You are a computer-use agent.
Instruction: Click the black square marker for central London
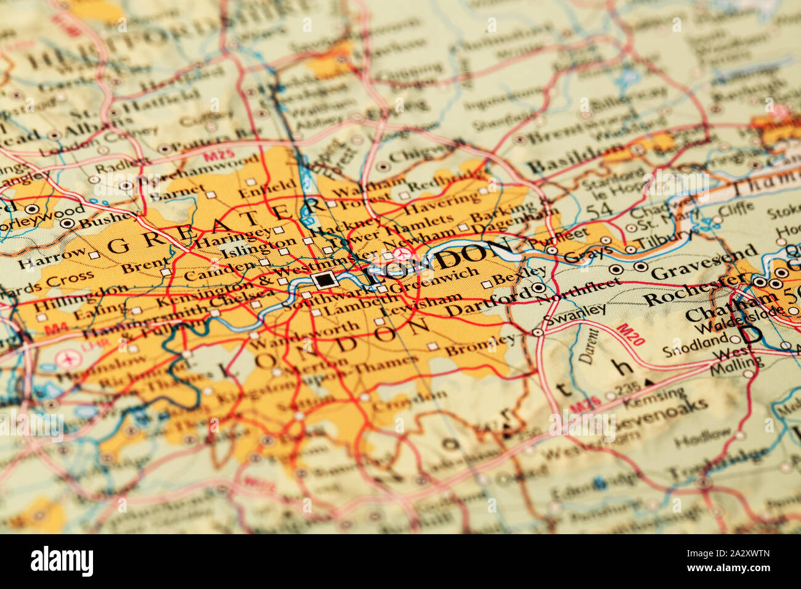click(325, 280)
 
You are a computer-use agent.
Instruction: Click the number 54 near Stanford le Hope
click(599, 209)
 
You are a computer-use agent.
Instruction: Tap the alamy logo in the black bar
click(62, 561)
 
